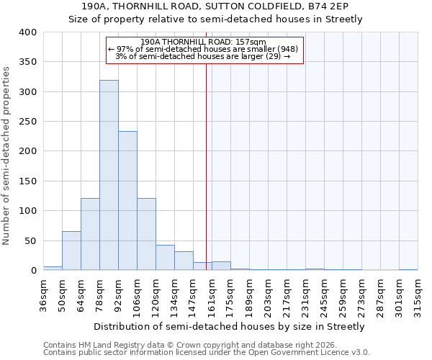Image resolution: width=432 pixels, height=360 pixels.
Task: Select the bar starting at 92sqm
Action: (x=127, y=201)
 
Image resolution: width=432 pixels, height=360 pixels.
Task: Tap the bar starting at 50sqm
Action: (x=71, y=251)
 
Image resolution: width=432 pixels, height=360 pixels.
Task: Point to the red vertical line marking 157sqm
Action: (x=206, y=166)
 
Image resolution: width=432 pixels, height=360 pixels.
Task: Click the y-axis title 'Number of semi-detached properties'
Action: (x=6, y=155)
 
